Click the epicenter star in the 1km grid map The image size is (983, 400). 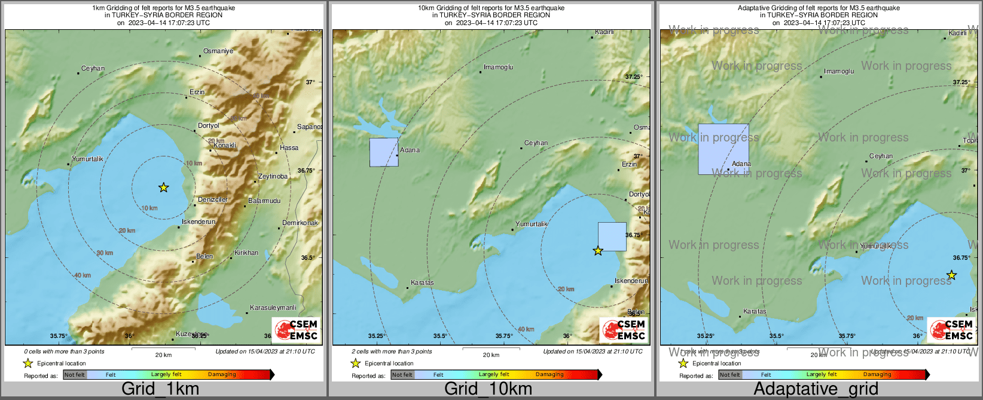(163, 187)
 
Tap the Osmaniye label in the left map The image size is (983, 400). (218, 51)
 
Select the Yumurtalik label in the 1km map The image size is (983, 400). (87, 159)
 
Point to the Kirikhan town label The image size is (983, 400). (246, 253)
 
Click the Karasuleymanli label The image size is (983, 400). (273, 307)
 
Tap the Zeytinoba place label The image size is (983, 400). (273, 176)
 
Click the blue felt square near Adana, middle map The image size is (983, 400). (383, 152)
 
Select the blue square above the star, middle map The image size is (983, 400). (612, 236)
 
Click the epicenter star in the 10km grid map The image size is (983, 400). (598, 251)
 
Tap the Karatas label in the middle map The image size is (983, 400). (422, 282)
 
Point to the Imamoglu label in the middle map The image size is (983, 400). (498, 67)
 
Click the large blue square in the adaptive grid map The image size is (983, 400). (723, 149)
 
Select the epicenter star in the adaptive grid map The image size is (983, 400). (951, 275)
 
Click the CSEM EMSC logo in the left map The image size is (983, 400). (295, 330)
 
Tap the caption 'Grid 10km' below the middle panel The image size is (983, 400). (488, 389)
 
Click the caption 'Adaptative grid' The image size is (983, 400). (816, 389)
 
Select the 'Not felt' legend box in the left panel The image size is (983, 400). (75, 375)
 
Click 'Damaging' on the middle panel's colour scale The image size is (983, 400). (549, 375)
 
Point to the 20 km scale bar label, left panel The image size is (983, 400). (163, 355)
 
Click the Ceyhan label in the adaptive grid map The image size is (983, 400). (881, 156)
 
